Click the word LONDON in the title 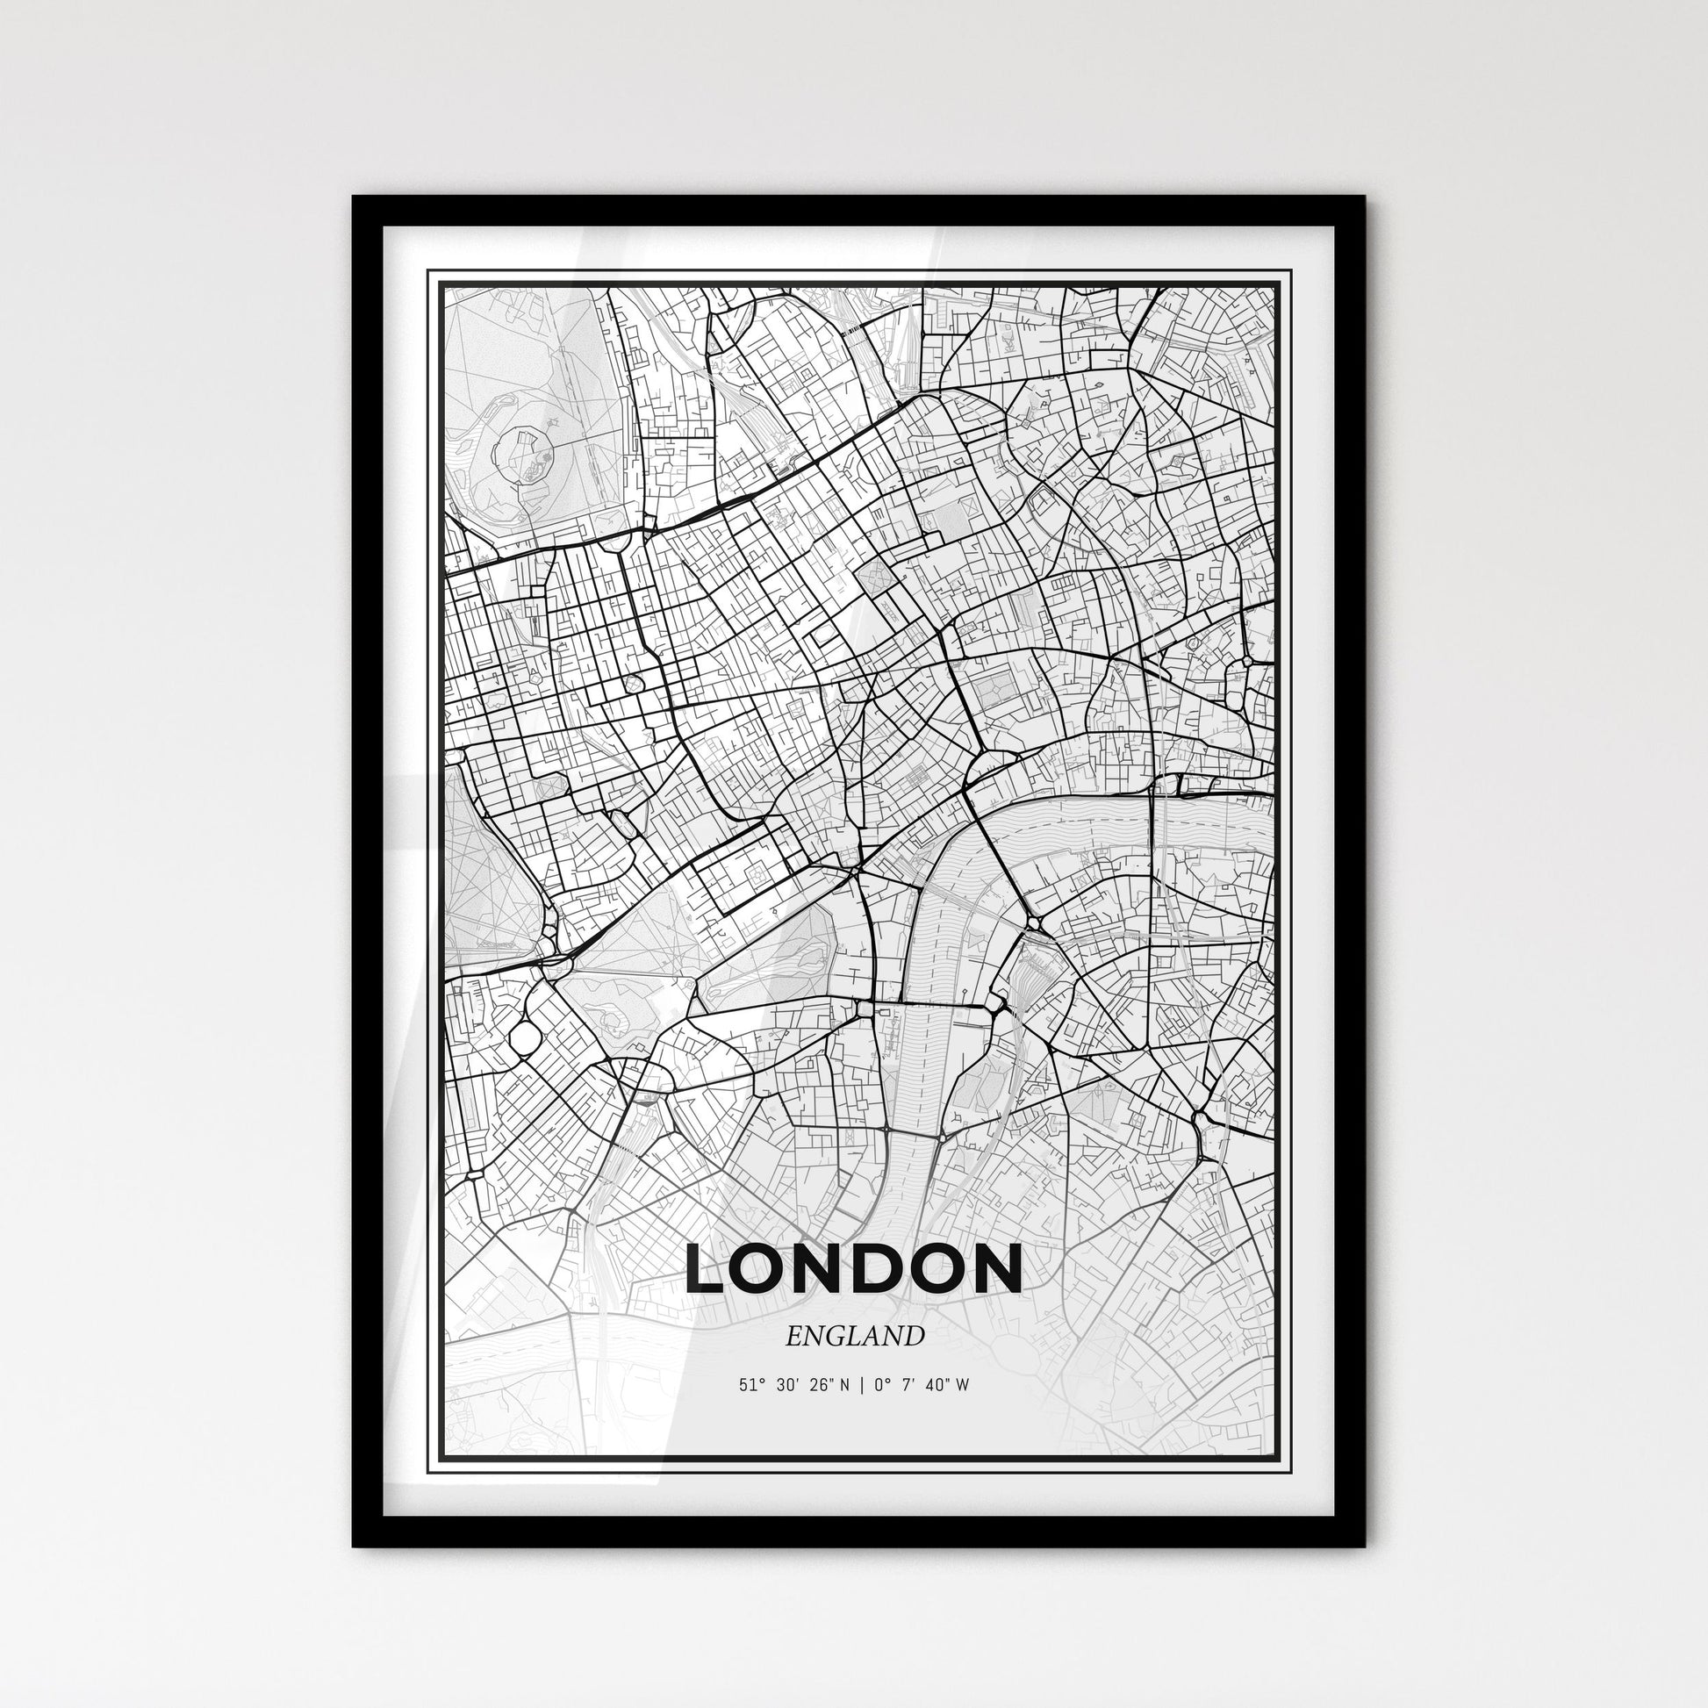[854, 1269]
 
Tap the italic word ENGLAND [854, 1337]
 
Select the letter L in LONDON [707, 1269]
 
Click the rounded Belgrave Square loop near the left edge [525, 1036]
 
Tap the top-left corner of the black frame [354, 197]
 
